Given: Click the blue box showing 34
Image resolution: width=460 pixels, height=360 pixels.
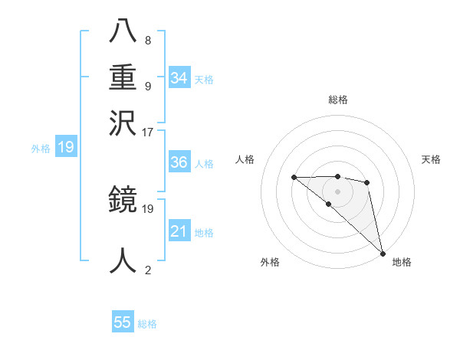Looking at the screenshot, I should [x=179, y=77].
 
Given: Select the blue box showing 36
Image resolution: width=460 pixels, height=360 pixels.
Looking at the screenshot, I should [x=179, y=162].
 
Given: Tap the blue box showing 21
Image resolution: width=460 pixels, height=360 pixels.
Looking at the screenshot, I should [x=179, y=231].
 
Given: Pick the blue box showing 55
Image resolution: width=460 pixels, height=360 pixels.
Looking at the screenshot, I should [x=123, y=322].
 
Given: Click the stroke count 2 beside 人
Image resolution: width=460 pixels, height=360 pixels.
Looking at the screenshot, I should [x=148, y=269].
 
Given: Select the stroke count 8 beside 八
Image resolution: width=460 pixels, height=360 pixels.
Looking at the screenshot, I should [x=148, y=40].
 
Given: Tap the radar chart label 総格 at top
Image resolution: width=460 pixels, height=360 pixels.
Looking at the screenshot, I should [x=338, y=100].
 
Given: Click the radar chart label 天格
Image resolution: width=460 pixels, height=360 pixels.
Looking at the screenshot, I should [x=432, y=159].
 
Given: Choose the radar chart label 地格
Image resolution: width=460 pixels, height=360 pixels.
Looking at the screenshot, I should [x=402, y=263].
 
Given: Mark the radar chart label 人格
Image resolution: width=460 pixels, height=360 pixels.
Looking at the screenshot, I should [x=245, y=159].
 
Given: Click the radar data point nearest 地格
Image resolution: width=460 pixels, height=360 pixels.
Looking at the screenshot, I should [x=383, y=253].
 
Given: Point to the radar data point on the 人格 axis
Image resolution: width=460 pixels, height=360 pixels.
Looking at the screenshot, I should [x=294, y=178].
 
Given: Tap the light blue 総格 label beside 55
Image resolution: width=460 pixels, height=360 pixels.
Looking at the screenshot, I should [x=147, y=324].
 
